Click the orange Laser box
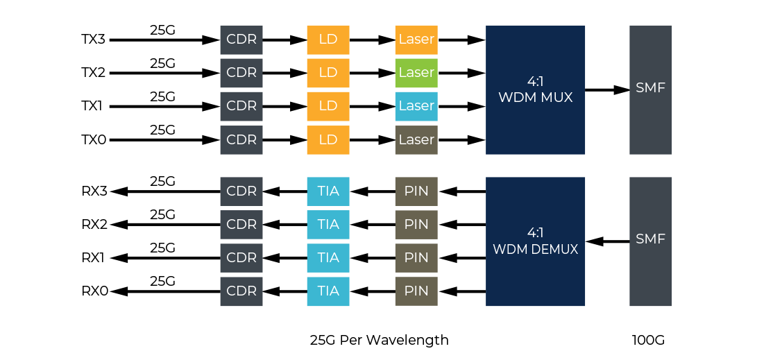click(x=416, y=40)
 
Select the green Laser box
click(x=416, y=73)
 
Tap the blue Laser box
click(x=416, y=106)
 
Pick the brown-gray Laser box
click(x=416, y=139)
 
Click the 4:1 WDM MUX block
click(x=535, y=89)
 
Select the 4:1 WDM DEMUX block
click(x=535, y=241)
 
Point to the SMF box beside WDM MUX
click(x=650, y=89)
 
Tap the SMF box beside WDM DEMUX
click(x=650, y=241)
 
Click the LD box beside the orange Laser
click(x=328, y=40)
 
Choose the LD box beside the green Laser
click(x=328, y=73)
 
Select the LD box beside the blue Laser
click(x=328, y=106)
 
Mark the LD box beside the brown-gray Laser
click(x=328, y=139)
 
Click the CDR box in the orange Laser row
click(x=241, y=40)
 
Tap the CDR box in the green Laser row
click(x=241, y=73)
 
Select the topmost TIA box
click(x=328, y=191)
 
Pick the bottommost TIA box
click(x=328, y=291)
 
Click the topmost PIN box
click(x=416, y=191)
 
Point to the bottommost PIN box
click(x=416, y=291)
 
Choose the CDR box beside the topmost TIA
click(x=241, y=191)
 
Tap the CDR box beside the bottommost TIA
click(x=241, y=291)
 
